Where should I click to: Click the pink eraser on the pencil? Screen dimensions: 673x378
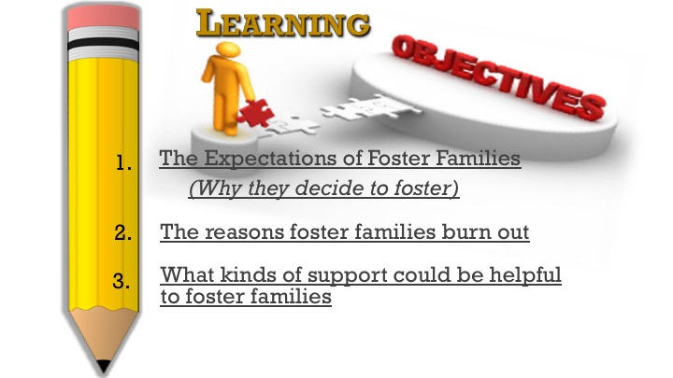coord(103,17)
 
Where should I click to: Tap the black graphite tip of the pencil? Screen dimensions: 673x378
coord(103,367)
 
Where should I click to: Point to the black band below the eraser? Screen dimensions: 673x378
coord(103,44)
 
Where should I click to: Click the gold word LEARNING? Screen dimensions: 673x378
coord(283,23)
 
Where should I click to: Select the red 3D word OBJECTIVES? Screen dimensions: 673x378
coord(499,77)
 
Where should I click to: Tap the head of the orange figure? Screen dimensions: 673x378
coord(228,49)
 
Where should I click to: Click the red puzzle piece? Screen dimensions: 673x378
coord(255,112)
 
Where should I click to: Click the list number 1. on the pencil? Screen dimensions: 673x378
coord(123,162)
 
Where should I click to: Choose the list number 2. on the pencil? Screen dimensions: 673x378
coord(123,232)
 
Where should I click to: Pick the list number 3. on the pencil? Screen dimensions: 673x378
coord(122,281)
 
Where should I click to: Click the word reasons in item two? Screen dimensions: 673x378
coord(244,232)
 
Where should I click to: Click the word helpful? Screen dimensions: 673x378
coord(525,275)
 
